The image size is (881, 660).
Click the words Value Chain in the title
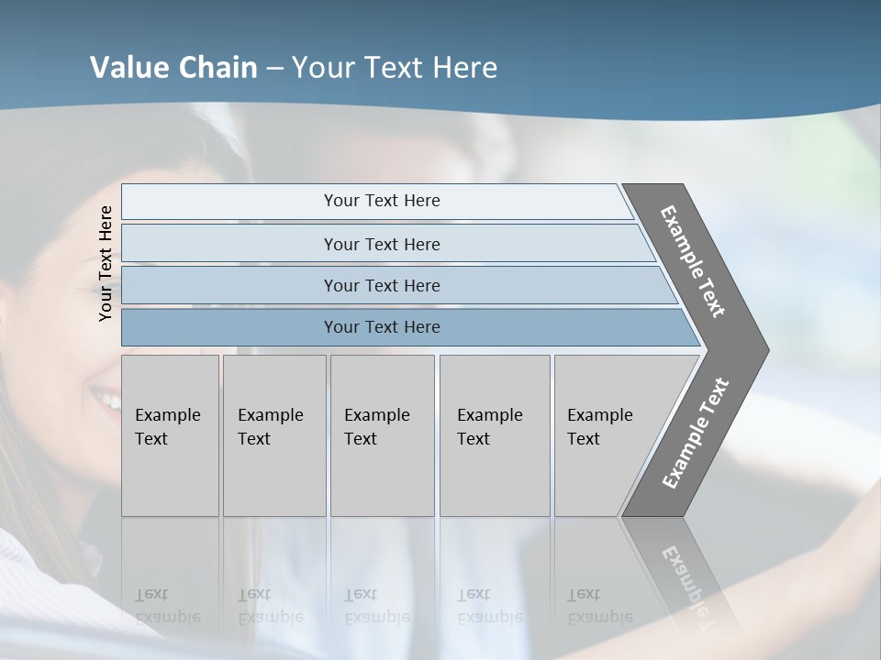click(173, 68)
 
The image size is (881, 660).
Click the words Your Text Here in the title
click(395, 68)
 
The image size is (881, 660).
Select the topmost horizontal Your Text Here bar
click(381, 201)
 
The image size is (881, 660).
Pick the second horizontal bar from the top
click(381, 244)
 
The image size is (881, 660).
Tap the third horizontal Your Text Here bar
click(381, 285)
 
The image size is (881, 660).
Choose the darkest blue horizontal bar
click(381, 327)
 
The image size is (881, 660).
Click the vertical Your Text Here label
click(106, 263)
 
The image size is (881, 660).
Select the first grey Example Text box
click(170, 434)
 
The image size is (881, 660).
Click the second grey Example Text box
click(273, 434)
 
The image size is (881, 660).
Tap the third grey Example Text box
click(381, 434)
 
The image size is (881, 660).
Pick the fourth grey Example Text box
click(494, 434)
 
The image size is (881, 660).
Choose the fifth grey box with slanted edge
click(606, 434)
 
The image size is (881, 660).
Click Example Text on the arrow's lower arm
click(696, 433)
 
